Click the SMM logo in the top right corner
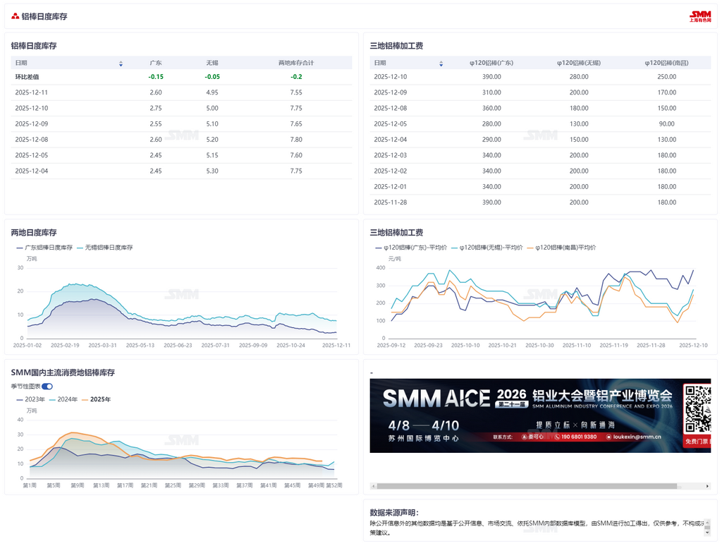tap(700, 16)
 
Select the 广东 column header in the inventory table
tap(156, 63)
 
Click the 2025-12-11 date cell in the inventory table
tap(31, 92)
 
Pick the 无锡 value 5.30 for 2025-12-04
tap(212, 171)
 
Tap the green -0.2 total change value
tap(296, 77)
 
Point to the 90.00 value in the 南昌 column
tap(666, 124)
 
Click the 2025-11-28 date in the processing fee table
tap(390, 202)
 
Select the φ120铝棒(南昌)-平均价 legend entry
tap(565, 248)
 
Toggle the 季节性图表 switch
tap(47, 387)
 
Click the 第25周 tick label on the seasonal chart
tap(173, 485)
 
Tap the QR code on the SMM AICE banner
tap(697, 408)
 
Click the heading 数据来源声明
tap(393, 513)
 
